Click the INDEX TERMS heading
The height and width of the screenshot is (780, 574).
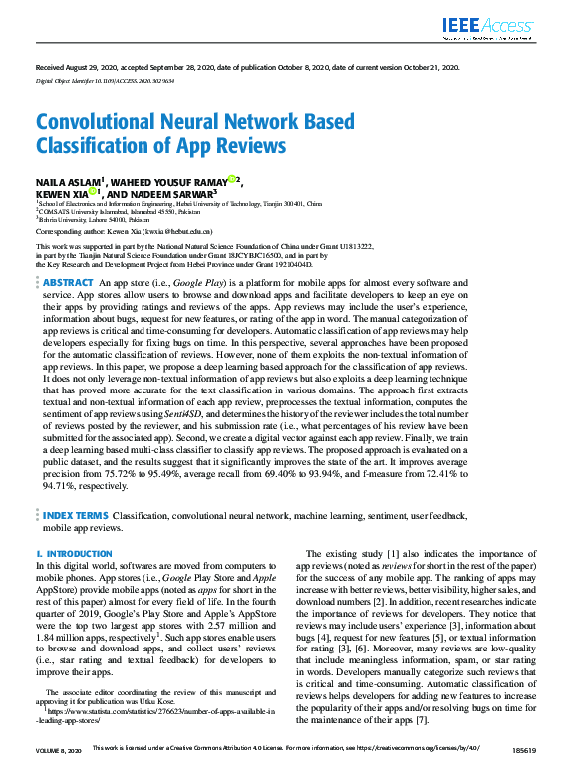[x=76, y=516]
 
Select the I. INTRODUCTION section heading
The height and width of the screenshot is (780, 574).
[x=74, y=552]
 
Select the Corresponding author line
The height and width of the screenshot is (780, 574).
[x=125, y=230]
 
